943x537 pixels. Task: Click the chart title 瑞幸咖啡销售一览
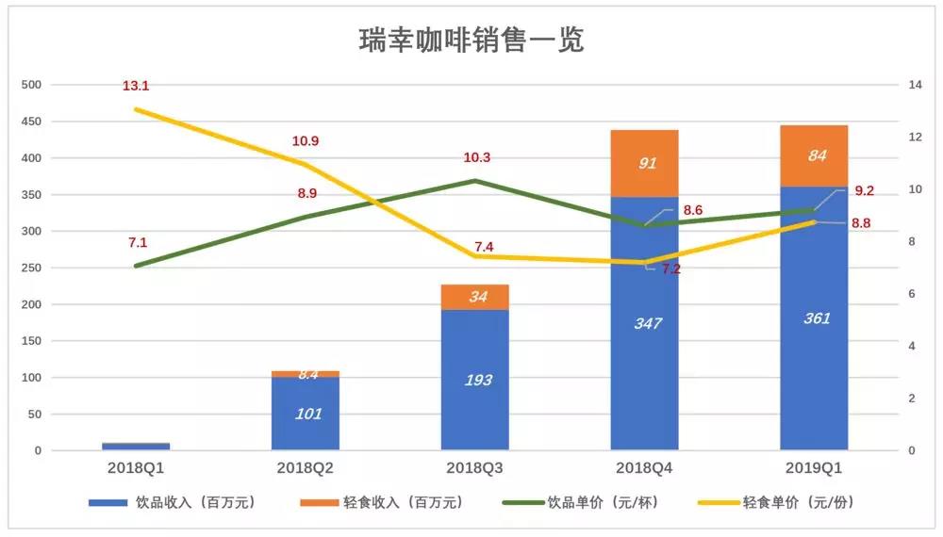click(x=471, y=41)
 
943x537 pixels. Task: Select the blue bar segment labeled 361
click(x=814, y=318)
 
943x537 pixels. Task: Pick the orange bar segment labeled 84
click(x=814, y=155)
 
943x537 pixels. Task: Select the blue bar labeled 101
click(x=306, y=414)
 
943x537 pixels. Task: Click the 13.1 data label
click(x=136, y=86)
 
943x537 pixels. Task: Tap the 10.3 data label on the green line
click(x=476, y=158)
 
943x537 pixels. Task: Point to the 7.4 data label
click(x=484, y=247)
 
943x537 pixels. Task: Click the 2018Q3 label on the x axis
click(x=475, y=466)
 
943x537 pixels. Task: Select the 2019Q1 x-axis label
click(x=814, y=466)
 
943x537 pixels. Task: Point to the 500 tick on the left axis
click(x=31, y=85)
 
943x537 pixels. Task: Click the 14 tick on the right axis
click(x=888, y=85)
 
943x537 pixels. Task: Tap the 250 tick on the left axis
click(x=31, y=268)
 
